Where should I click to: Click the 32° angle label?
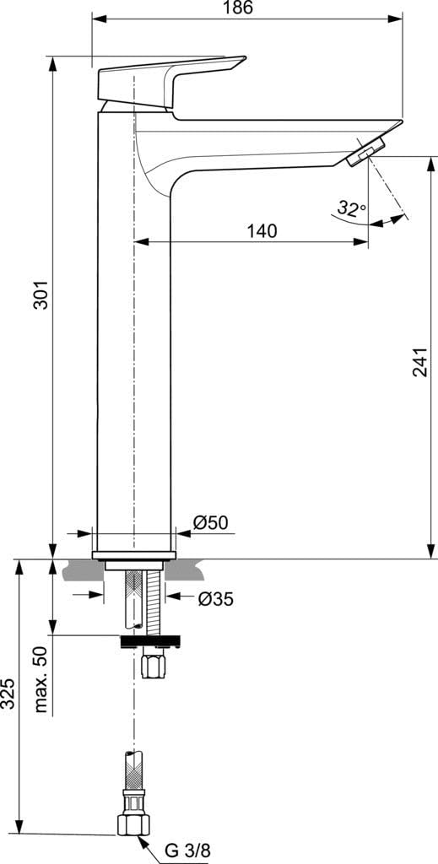(x=351, y=208)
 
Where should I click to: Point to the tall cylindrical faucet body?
(x=135, y=354)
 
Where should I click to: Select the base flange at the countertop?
(x=135, y=554)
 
